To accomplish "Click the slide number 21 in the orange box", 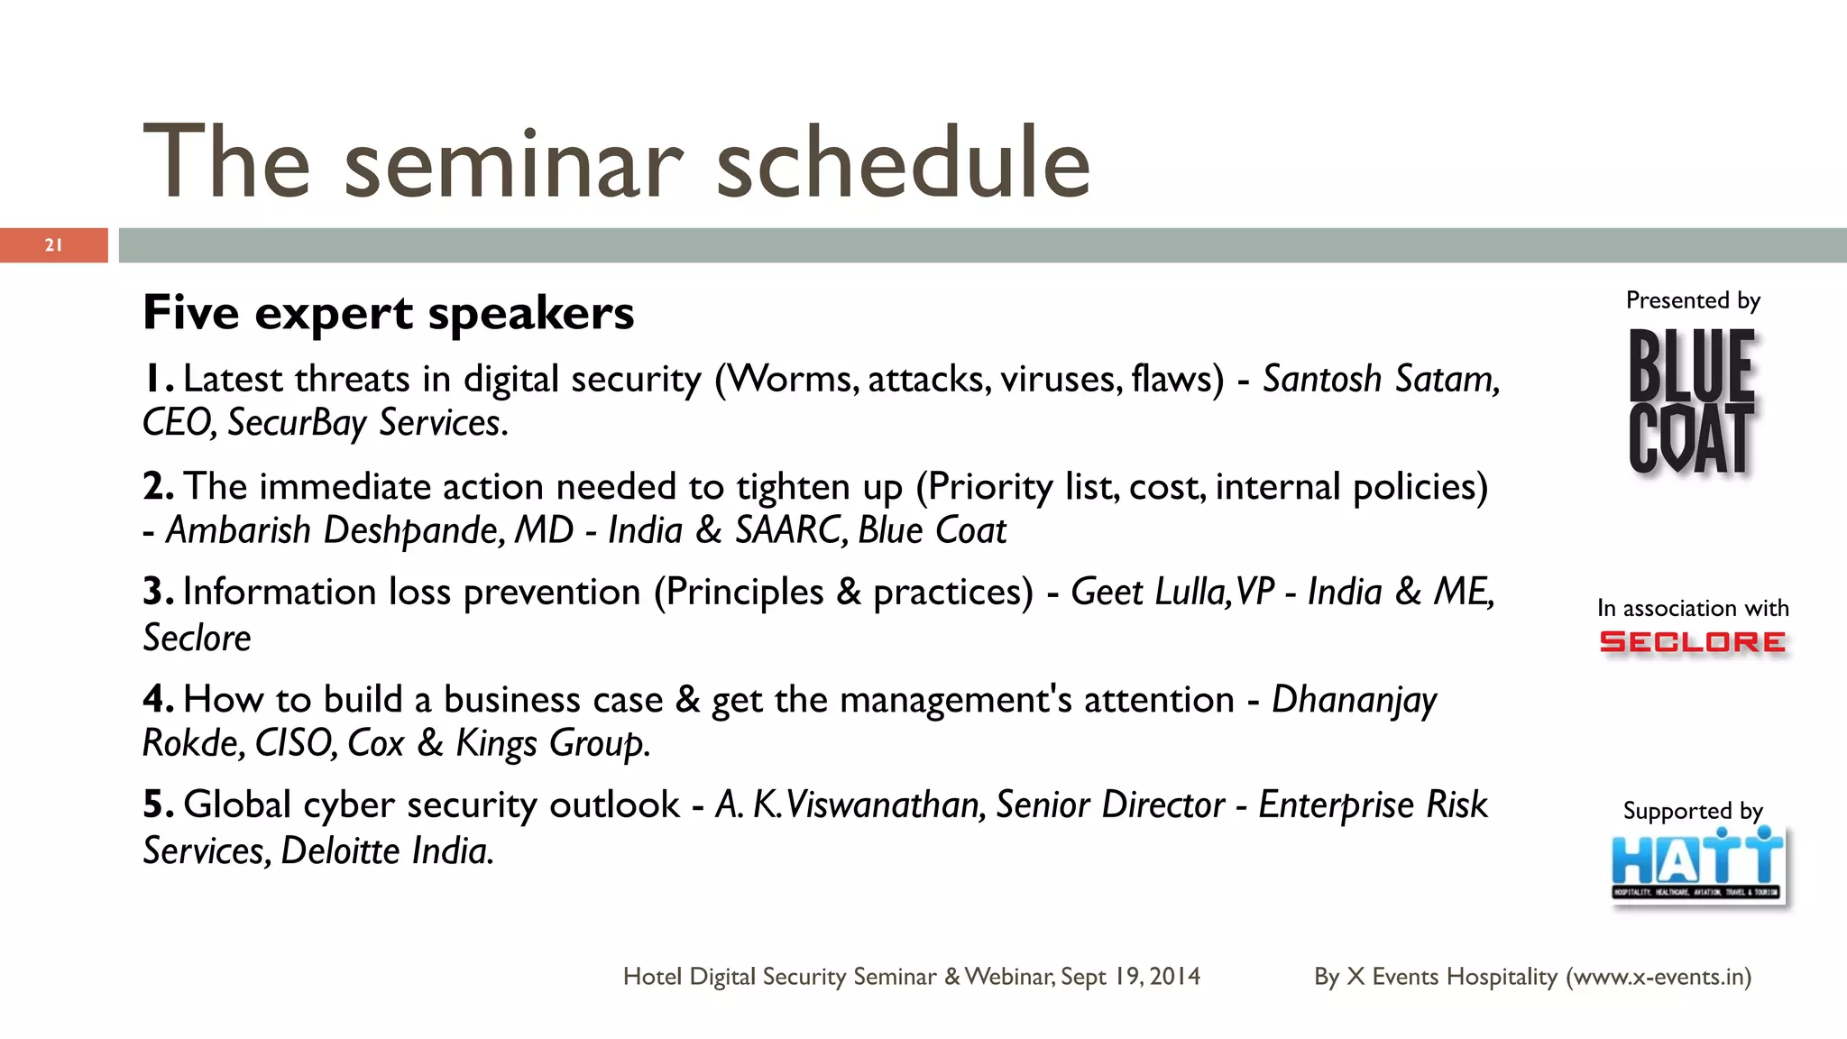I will [53, 245].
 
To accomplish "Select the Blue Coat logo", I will [1692, 401].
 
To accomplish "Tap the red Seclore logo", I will [1692, 642].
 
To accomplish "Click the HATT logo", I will [1697, 864].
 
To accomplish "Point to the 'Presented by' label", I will [1692, 300].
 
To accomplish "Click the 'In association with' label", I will [1692, 608].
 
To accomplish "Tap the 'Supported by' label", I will [1692, 811].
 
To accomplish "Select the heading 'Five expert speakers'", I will [389, 313].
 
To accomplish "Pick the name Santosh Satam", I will [1380, 379].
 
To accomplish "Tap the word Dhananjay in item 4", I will [1354, 700].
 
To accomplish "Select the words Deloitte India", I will [387, 851].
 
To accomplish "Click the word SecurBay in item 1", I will [297, 423].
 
